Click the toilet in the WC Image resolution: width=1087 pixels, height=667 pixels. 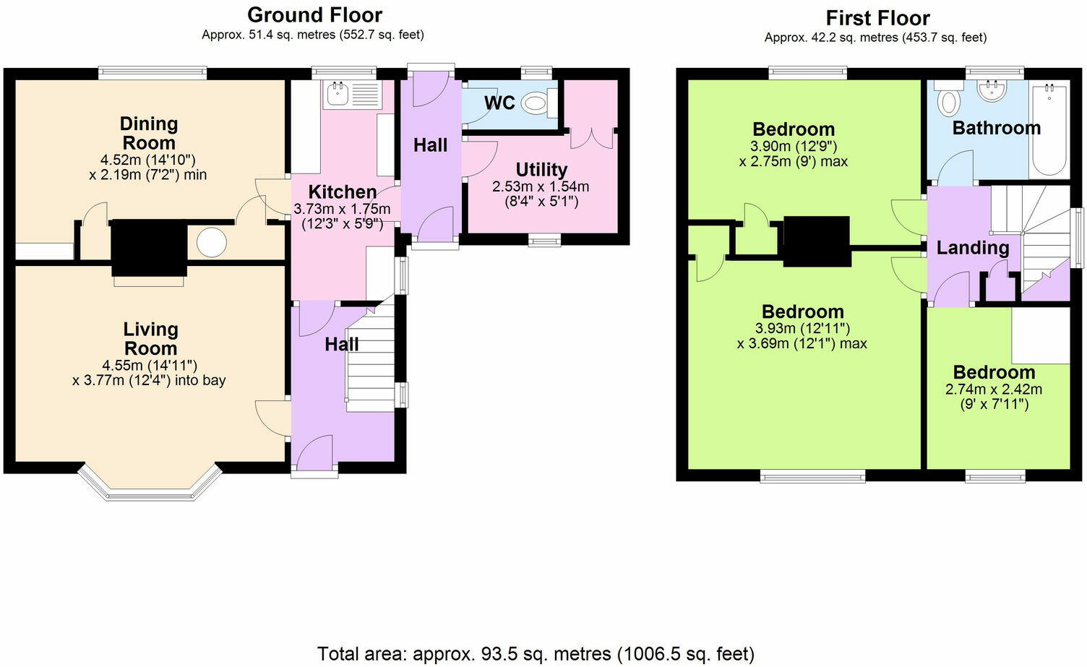point(539,103)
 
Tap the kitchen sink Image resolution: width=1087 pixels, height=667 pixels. point(352,94)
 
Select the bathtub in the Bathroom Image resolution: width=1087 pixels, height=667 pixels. point(1049,129)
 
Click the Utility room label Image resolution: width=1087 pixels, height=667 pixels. point(541,170)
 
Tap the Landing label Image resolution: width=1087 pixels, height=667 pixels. point(973,248)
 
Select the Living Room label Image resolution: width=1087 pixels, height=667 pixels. point(150,339)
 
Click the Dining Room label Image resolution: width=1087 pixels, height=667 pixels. point(149,133)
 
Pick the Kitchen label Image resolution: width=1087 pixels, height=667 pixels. point(343,192)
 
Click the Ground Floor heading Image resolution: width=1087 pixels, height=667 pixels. point(314,15)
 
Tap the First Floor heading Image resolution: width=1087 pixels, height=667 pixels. point(878,19)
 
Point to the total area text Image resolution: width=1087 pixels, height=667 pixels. point(536,654)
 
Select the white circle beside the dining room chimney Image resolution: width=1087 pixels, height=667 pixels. point(212,242)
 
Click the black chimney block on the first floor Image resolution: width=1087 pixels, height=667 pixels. point(817,241)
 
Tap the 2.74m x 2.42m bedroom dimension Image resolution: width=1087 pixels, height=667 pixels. point(994,397)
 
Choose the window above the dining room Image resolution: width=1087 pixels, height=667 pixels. point(152,73)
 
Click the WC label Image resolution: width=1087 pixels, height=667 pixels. point(500,103)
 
